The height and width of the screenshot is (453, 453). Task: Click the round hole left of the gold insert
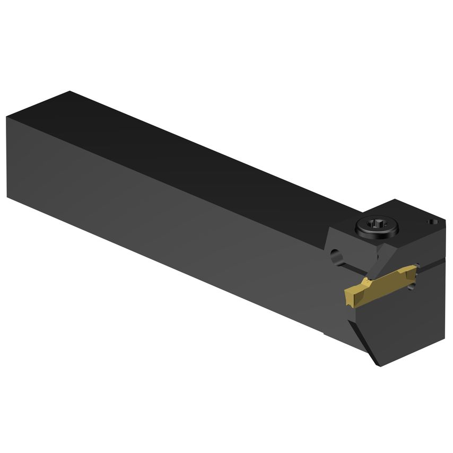pyautogui.click(x=335, y=257)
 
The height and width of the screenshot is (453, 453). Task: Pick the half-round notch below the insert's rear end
pyautogui.click(x=412, y=286)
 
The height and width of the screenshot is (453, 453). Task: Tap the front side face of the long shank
pyautogui.click(x=159, y=212)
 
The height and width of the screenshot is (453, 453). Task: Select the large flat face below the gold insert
pyautogui.click(x=408, y=324)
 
